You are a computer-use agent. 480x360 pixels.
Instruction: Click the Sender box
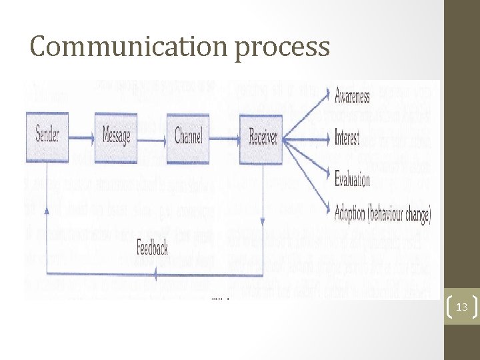pyautogui.click(x=47, y=137)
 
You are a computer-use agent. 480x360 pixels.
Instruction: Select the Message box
pyautogui.click(x=116, y=137)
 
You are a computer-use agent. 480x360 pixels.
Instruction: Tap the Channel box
pyautogui.click(x=189, y=137)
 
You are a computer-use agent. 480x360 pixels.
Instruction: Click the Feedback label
pyautogui.click(x=152, y=247)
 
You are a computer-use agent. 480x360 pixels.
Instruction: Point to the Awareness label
pyautogui.click(x=352, y=97)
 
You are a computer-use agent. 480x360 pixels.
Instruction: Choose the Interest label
pyautogui.click(x=347, y=139)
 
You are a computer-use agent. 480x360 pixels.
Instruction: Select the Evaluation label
pyautogui.click(x=352, y=180)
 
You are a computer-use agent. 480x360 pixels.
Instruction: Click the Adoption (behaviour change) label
pyautogui.click(x=383, y=214)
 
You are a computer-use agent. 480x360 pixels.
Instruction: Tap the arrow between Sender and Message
pyautogui.click(x=81, y=138)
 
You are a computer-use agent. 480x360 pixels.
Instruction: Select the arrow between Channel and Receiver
pyautogui.click(x=226, y=138)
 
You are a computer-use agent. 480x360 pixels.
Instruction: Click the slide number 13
pyautogui.click(x=461, y=307)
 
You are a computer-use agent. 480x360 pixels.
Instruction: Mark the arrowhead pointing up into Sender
pyautogui.click(x=46, y=209)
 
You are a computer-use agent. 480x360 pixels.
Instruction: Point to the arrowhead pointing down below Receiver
pyautogui.click(x=263, y=222)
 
